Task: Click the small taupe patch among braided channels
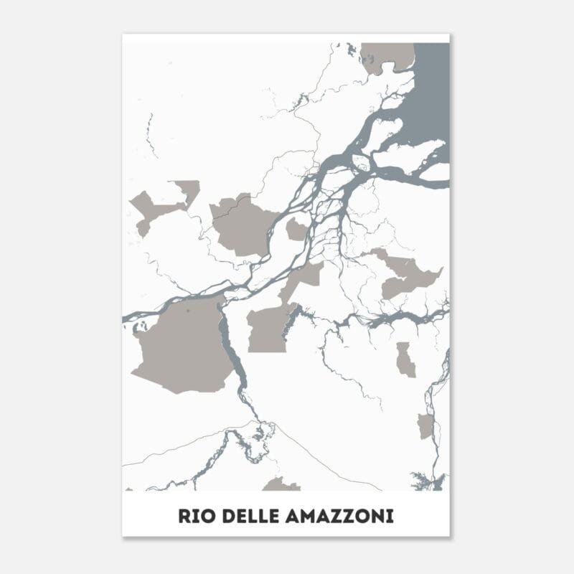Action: point(296,230)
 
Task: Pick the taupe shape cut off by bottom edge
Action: point(281,485)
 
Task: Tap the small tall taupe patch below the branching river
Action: point(406,359)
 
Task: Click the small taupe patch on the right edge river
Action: point(425,425)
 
